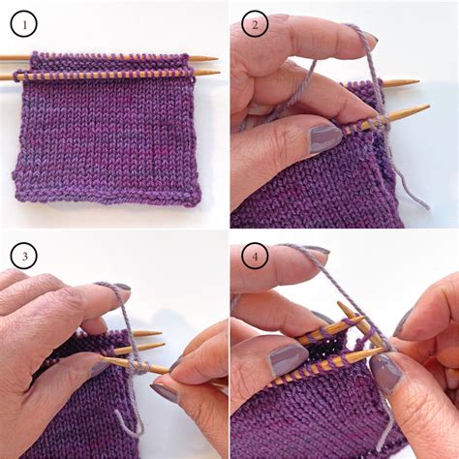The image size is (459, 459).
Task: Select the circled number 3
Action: pyautogui.click(x=25, y=256)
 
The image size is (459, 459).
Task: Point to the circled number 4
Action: pyautogui.click(x=255, y=256)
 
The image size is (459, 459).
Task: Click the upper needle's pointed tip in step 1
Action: pyautogui.click(x=215, y=59)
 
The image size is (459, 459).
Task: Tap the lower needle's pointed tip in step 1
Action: pyautogui.click(x=217, y=72)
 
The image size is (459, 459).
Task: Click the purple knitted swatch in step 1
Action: pyautogui.click(x=107, y=136)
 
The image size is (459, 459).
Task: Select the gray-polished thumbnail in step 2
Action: pyautogui.click(x=323, y=138)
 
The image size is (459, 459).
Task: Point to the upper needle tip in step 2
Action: pyautogui.click(x=416, y=82)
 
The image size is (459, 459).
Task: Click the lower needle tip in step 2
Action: pyautogui.click(x=427, y=107)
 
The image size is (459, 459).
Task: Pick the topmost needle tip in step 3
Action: pyautogui.click(x=160, y=333)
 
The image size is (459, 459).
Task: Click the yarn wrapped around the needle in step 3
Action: pyautogui.click(x=138, y=367)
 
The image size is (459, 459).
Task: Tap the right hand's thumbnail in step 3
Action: pyautogui.click(x=164, y=391)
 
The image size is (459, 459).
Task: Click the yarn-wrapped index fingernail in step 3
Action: pyautogui.click(x=119, y=288)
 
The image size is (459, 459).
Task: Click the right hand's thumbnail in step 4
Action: pyautogui.click(x=382, y=372)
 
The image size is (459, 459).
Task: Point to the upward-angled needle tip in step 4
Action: pyautogui.click(x=341, y=306)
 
